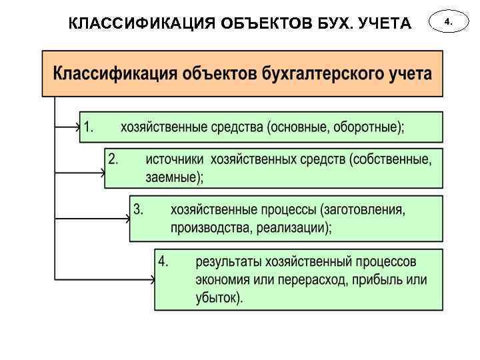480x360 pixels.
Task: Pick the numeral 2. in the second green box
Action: (x=113, y=159)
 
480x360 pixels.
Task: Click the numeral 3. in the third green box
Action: (x=139, y=209)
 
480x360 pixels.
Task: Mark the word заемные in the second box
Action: (x=172, y=177)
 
